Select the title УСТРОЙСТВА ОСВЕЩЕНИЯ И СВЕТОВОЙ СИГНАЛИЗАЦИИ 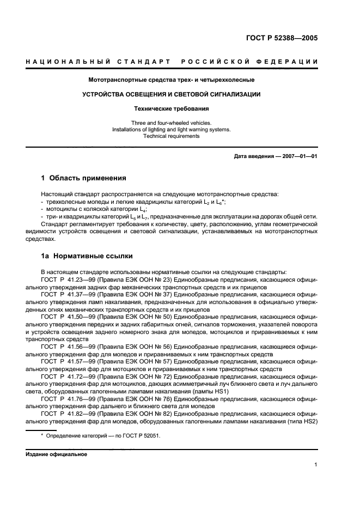(x=171, y=94)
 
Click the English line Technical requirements (x=171, y=136)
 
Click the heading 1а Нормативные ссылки (x=87, y=256)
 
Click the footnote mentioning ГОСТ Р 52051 (x=101, y=436)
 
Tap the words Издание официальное (x=56, y=454)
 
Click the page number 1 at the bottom (x=316, y=465)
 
